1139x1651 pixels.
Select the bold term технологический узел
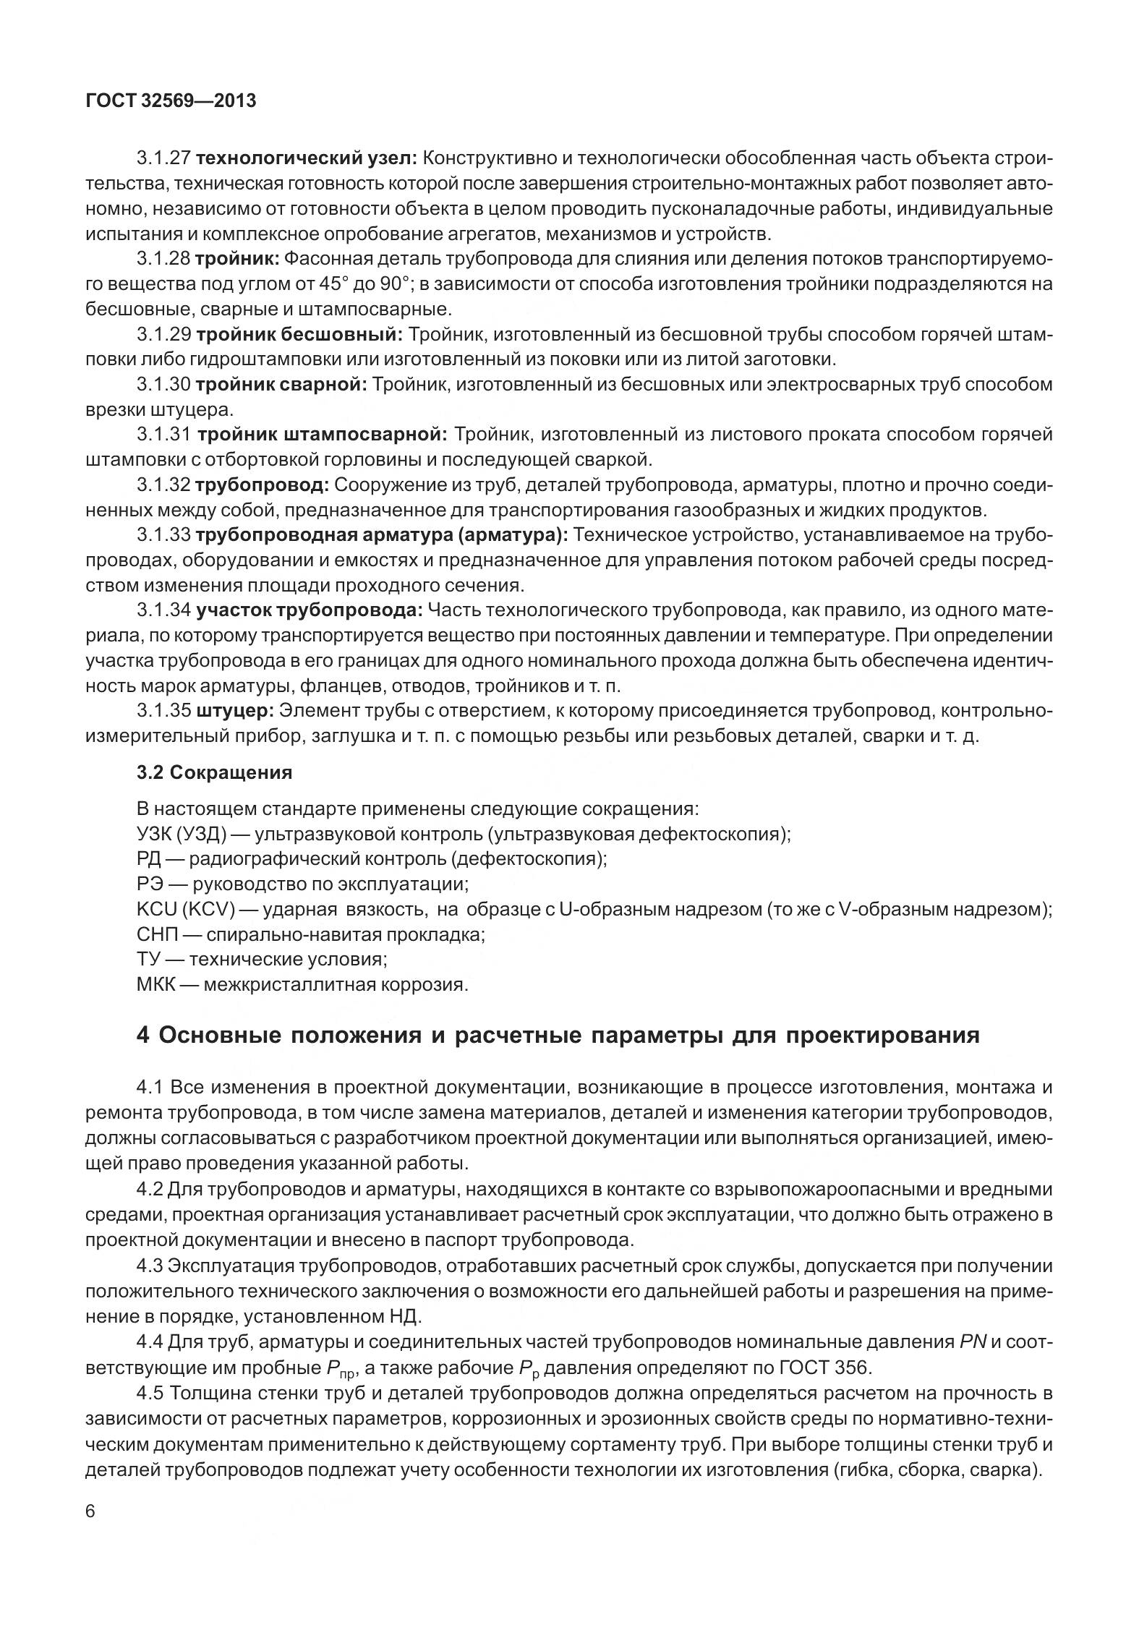[306, 158]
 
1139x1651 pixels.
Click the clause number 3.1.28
[163, 258]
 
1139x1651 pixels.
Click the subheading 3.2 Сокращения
[215, 772]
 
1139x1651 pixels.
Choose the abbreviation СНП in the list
[156, 934]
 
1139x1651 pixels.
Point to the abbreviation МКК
[156, 984]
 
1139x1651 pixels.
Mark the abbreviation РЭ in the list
[150, 884]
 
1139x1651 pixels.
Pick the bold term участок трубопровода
[309, 610]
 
